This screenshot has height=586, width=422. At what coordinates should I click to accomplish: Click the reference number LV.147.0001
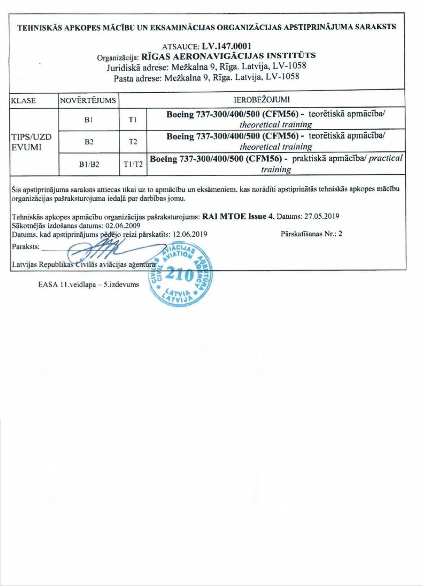click(226, 46)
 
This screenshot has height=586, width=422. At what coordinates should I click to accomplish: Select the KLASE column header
click(23, 100)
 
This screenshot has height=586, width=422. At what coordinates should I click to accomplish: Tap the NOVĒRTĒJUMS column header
click(88, 100)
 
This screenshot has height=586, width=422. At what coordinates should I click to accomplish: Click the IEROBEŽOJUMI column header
click(261, 99)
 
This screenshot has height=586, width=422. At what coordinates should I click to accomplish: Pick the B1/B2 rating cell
click(89, 164)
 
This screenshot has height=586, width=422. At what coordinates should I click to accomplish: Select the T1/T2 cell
click(133, 164)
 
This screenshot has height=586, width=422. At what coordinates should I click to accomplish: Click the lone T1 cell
click(132, 120)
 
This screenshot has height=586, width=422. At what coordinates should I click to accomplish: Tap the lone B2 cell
click(89, 142)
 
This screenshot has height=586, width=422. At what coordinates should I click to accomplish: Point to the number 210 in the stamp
click(180, 274)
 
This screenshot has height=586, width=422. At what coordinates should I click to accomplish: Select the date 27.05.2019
click(322, 216)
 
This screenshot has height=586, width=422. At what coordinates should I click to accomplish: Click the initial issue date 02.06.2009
click(123, 225)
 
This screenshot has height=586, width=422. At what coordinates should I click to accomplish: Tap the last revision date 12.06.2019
click(190, 234)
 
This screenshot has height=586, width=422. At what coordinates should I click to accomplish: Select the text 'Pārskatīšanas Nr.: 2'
click(311, 234)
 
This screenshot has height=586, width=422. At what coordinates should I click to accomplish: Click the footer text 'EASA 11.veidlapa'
click(67, 284)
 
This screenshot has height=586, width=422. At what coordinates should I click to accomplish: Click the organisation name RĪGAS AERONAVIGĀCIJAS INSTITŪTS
click(228, 56)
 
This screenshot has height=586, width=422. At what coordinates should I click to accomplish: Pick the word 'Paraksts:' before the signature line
click(25, 246)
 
